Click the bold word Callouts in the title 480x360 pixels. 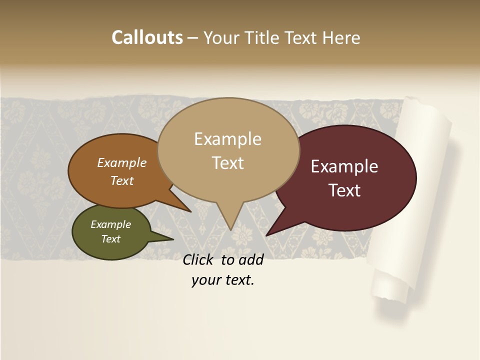click(x=147, y=37)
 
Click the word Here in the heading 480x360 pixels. click(x=340, y=37)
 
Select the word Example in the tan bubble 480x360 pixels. click(x=227, y=139)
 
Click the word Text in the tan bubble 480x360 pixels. click(x=227, y=163)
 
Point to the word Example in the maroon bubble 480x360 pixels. click(x=344, y=166)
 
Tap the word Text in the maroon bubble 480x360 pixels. click(x=344, y=190)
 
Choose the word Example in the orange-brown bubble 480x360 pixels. click(x=122, y=163)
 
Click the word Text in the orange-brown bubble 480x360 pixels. click(x=122, y=180)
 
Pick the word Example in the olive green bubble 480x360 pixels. click(x=110, y=224)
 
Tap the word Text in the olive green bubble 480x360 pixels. click(x=110, y=239)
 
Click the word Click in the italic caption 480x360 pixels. click(x=198, y=259)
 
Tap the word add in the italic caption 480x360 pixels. click(x=250, y=259)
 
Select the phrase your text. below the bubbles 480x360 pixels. click(x=222, y=280)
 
